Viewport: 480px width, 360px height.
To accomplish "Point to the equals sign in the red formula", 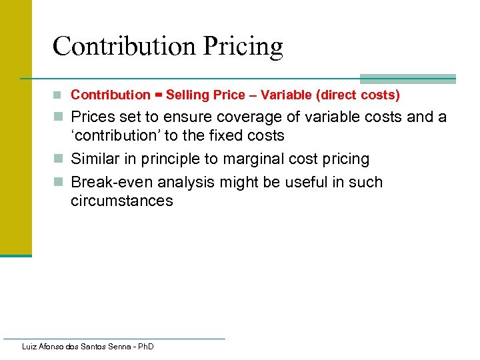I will pos(158,95).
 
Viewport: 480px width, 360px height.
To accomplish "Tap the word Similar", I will pos(95,159).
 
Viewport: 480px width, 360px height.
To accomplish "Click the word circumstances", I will pos(121,201).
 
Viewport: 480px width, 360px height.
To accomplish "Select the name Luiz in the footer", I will pos(30,347).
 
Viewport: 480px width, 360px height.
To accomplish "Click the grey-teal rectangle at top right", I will pos(407,79).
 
